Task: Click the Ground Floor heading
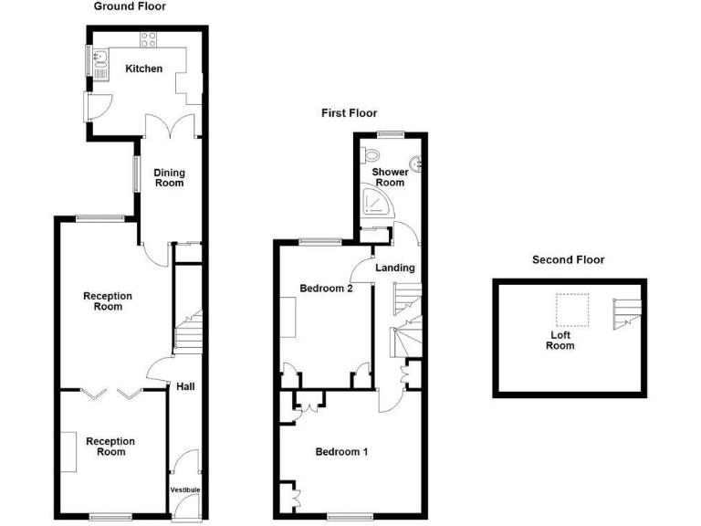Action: coord(130,6)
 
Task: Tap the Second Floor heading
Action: coord(568,260)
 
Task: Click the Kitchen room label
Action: coord(144,68)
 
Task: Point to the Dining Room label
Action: coord(169,177)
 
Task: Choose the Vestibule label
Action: coord(185,490)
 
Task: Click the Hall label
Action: coord(185,386)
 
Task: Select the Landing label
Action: coord(395,268)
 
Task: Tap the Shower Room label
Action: coord(390,177)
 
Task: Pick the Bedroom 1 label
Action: coord(341,451)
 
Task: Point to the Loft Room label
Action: coord(560,340)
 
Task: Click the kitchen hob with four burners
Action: coord(149,38)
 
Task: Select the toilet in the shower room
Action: coord(371,154)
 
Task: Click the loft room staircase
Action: coord(628,313)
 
